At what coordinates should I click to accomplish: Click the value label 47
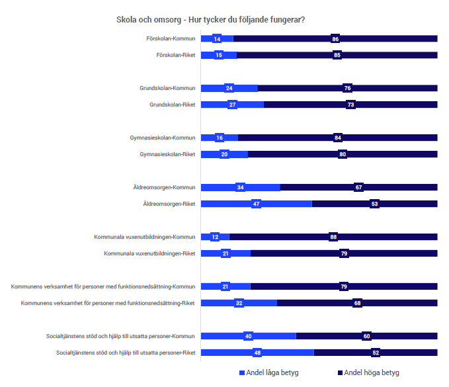pos(256,204)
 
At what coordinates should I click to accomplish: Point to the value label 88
pos(333,237)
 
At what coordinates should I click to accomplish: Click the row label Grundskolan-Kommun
pos(167,88)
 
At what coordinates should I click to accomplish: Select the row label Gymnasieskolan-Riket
pos(168,154)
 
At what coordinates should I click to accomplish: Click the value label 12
pos(215,237)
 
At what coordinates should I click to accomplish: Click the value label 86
pos(335,39)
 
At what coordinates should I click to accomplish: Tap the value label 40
pos(248,336)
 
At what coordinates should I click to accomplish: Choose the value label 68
pos(357,303)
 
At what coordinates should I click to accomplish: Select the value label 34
pos(240,187)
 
